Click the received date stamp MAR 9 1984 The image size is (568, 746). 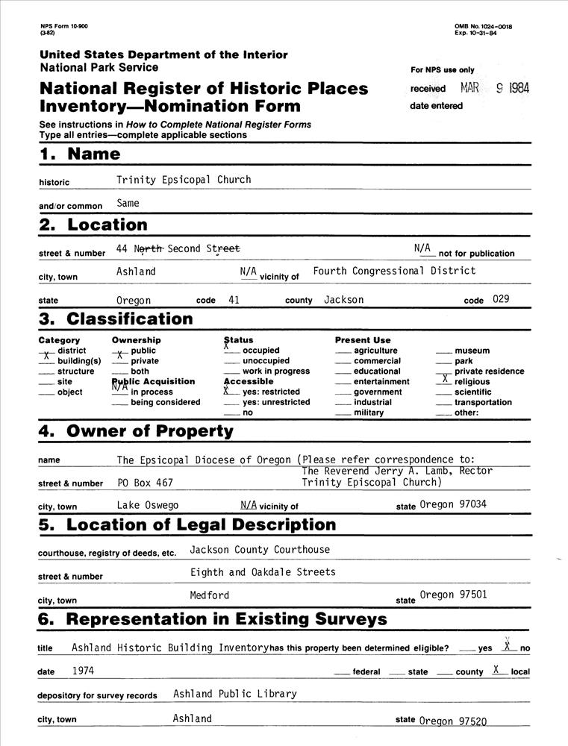(495, 88)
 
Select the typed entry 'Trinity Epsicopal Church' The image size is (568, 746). (184, 180)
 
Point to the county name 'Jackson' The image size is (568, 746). (344, 300)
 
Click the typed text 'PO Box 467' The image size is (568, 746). (145, 483)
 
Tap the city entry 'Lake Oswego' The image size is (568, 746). (148, 505)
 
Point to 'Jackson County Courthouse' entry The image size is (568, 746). (260, 550)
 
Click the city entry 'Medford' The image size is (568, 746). (210, 595)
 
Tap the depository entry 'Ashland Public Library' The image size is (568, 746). (235, 694)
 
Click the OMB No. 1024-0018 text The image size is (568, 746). (483, 27)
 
